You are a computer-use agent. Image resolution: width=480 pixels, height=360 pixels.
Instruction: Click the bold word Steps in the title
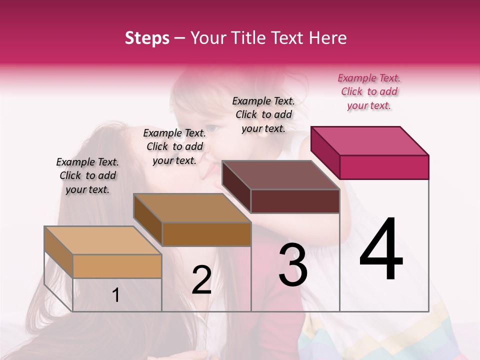point(147,38)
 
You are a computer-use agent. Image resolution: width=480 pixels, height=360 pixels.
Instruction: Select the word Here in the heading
point(328,38)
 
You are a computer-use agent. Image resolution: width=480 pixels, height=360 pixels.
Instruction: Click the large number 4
point(381,250)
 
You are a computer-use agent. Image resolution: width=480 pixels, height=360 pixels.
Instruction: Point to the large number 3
point(293,265)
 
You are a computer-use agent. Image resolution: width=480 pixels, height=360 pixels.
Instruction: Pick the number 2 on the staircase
point(201,280)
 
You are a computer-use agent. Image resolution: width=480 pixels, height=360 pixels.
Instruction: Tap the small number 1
point(116,295)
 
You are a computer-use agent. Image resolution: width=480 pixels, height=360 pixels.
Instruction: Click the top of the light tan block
point(103,240)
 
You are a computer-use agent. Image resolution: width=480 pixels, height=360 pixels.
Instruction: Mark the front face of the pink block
point(384,167)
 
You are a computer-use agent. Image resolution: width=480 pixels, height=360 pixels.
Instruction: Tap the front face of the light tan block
point(117,266)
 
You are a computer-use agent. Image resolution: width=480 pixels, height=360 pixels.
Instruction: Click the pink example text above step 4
point(369,91)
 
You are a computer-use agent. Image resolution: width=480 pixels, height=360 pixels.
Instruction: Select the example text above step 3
point(263,114)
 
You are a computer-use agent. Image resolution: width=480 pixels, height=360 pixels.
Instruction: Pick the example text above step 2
point(174,146)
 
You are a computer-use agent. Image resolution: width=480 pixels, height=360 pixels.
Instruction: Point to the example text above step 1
point(87,175)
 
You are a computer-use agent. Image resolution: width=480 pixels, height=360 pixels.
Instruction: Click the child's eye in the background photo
point(211,127)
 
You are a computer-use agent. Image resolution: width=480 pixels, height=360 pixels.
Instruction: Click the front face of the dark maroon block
point(295,201)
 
